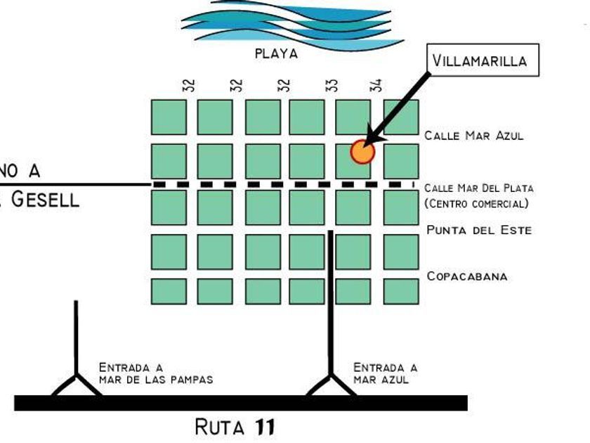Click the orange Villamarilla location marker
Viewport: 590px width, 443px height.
pos(362,151)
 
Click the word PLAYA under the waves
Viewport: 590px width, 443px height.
pos(276,53)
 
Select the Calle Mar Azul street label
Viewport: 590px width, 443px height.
pos(474,136)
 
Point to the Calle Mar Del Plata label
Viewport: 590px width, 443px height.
pos(478,188)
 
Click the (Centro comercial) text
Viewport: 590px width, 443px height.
pos(477,204)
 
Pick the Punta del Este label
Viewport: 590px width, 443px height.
pos(479,230)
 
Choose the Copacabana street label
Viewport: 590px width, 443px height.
pos(466,276)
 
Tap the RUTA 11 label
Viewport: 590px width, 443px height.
pos(235,426)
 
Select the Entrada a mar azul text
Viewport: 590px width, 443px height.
pos(384,373)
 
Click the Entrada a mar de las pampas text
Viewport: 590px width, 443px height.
pos(155,373)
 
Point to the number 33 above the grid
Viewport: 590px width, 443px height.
pos(332,85)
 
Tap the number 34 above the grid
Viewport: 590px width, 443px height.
pos(377,85)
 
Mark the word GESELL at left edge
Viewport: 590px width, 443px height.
pos(44,199)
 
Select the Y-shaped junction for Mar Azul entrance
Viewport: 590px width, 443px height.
pos(331,383)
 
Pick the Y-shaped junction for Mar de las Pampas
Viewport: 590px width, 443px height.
pos(76,383)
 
